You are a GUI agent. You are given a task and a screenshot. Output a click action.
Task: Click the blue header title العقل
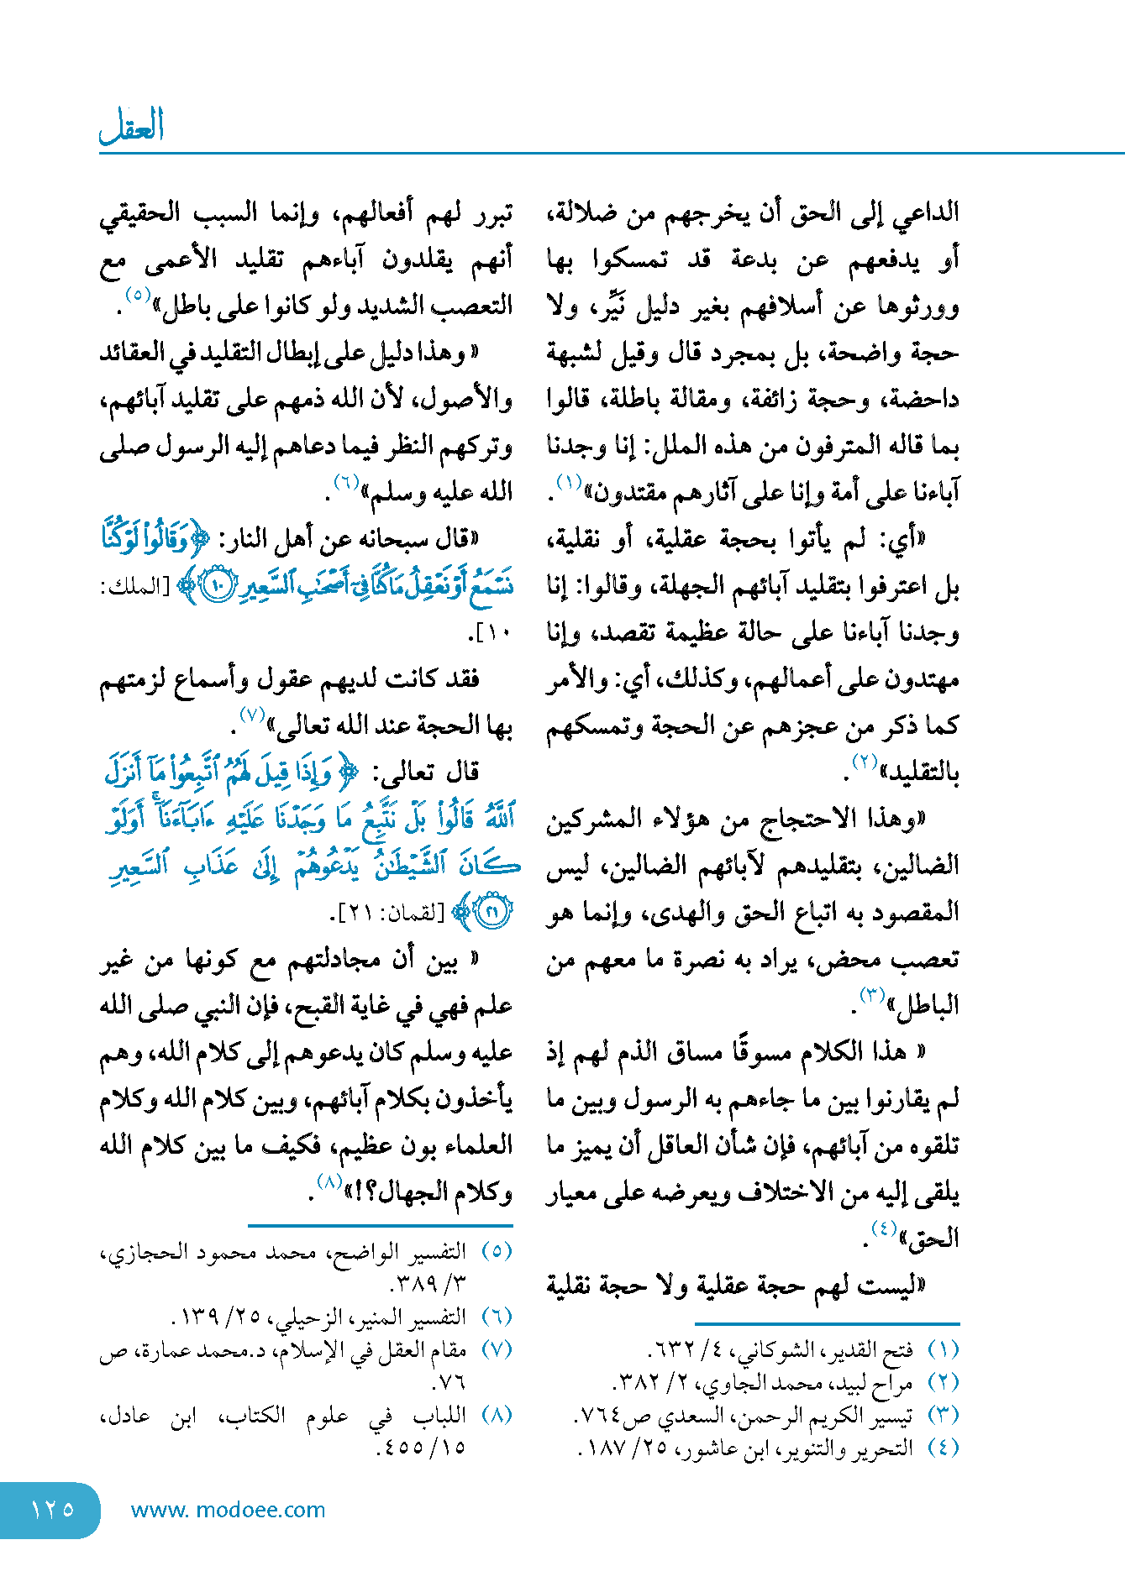pos(131,126)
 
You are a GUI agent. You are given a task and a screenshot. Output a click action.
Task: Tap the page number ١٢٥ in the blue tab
pos(52,1510)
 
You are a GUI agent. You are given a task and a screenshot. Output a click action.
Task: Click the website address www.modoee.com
pos(228,1510)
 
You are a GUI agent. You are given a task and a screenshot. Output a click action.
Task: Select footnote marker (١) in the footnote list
pos(943,1350)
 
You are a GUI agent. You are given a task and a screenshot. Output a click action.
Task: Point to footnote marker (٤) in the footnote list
pos(943,1448)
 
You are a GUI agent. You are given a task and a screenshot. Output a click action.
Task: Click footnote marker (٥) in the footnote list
pos(497,1251)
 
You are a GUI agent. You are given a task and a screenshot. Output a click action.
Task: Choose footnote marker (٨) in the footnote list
pos(497,1415)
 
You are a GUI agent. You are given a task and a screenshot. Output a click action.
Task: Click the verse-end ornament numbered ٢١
pos(492,912)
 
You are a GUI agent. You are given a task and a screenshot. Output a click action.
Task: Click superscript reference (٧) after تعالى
pos(252,715)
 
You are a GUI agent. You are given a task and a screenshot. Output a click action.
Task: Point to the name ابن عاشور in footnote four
pos(720,1448)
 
